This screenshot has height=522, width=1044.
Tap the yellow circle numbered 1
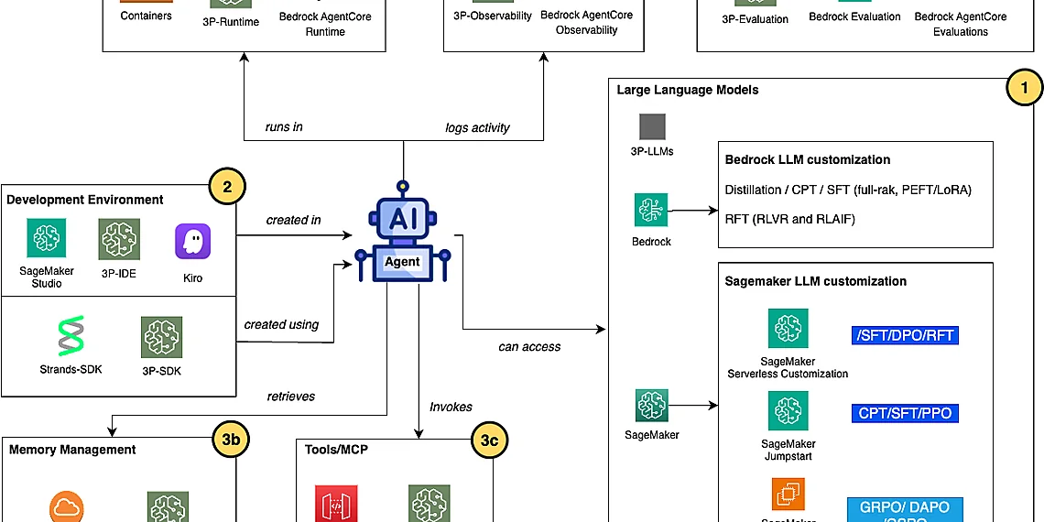click(1024, 89)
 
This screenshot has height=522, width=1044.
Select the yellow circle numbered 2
click(226, 188)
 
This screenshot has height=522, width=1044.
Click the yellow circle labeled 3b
click(231, 440)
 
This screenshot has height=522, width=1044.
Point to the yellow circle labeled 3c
click(490, 440)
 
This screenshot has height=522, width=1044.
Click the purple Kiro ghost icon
click(192, 242)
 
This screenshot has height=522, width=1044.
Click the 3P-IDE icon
click(119, 239)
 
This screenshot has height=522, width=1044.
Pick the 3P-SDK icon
click(161, 337)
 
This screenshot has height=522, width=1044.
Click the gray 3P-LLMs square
click(652, 126)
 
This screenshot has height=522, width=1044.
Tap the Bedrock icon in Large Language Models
click(652, 210)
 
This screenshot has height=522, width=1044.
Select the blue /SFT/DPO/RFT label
click(905, 335)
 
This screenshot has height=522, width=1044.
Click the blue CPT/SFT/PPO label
click(905, 413)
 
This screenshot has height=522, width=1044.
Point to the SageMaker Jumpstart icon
click(788, 411)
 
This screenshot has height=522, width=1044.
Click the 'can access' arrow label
click(529, 347)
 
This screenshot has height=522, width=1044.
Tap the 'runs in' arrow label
click(284, 127)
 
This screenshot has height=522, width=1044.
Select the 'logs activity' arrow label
click(477, 127)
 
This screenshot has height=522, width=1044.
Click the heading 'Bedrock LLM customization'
click(807, 159)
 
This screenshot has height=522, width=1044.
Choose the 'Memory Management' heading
click(72, 450)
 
